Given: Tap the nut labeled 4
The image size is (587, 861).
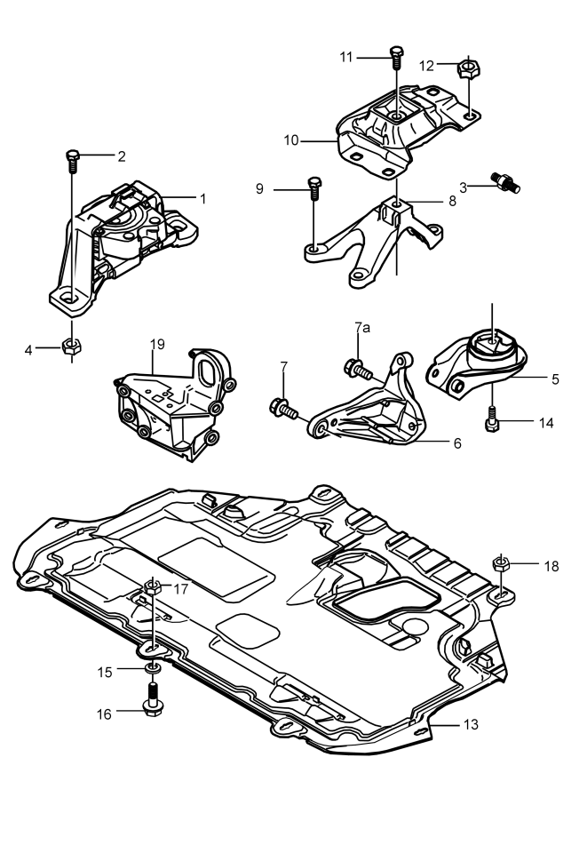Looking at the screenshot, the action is [71, 347].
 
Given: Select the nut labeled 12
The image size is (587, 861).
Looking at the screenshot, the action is [468, 69].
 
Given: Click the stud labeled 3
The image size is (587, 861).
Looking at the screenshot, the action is [505, 182].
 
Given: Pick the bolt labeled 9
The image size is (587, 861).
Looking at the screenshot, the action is [314, 187].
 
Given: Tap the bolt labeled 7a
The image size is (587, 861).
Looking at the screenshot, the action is [358, 369].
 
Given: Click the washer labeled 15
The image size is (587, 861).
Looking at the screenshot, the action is [153, 667].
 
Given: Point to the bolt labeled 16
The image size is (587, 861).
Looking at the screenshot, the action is [153, 699].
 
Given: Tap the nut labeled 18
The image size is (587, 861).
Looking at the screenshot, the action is [501, 563].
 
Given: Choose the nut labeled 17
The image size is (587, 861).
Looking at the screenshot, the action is [153, 586].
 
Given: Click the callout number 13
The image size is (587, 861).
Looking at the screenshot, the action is [471, 724].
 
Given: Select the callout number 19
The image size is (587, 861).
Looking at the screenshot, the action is [157, 344].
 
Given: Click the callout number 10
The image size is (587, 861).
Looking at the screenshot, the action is [290, 140].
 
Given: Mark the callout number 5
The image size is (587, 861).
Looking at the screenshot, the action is [555, 379].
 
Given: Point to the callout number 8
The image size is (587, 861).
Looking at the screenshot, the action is [452, 201].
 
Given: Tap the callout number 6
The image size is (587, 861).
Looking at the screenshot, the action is [457, 443].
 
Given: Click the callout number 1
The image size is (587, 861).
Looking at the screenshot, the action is [203, 199].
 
